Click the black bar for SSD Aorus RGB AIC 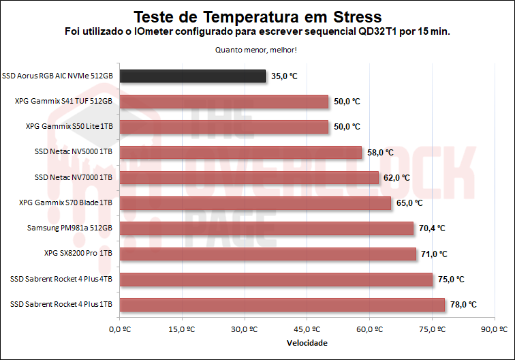pyautogui.click(x=192, y=76)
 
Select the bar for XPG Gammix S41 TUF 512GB pyautogui.click(x=223, y=102)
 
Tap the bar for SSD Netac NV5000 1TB pyautogui.click(x=240, y=152)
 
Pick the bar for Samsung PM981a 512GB pyautogui.click(x=266, y=228)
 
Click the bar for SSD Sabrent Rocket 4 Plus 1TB pyautogui.click(x=282, y=305)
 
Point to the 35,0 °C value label pyautogui.click(x=285, y=76)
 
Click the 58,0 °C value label pyautogui.click(x=380, y=152)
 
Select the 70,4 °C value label pyautogui.click(x=433, y=228)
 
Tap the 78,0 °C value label pyautogui.click(x=464, y=305)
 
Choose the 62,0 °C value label pyautogui.click(x=397, y=177)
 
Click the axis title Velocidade pyautogui.click(x=307, y=342)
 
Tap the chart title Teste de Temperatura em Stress pyautogui.click(x=257, y=16)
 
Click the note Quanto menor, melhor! pyautogui.click(x=256, y=50)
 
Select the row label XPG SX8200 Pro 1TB pyautogui.click(x=78, y=254)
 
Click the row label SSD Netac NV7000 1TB pyautogui.click(x=73, y=177)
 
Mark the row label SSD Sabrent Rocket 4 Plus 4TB pyautogui.click(x=61, y=279)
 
